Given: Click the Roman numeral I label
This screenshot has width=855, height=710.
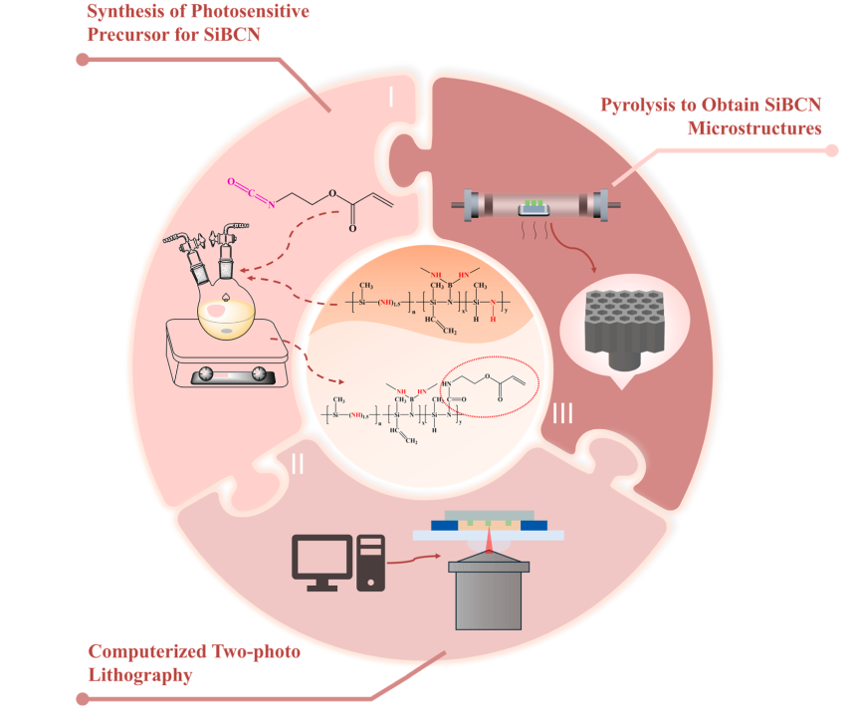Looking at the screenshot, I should (391, 97).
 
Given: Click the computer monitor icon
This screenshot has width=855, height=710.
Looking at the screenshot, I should (321, 558).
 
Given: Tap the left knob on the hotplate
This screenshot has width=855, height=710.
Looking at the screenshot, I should (207, 374).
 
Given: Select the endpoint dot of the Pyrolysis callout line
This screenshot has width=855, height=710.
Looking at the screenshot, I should (832, 151).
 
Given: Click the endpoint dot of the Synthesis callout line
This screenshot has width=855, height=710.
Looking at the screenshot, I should (83, 59).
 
